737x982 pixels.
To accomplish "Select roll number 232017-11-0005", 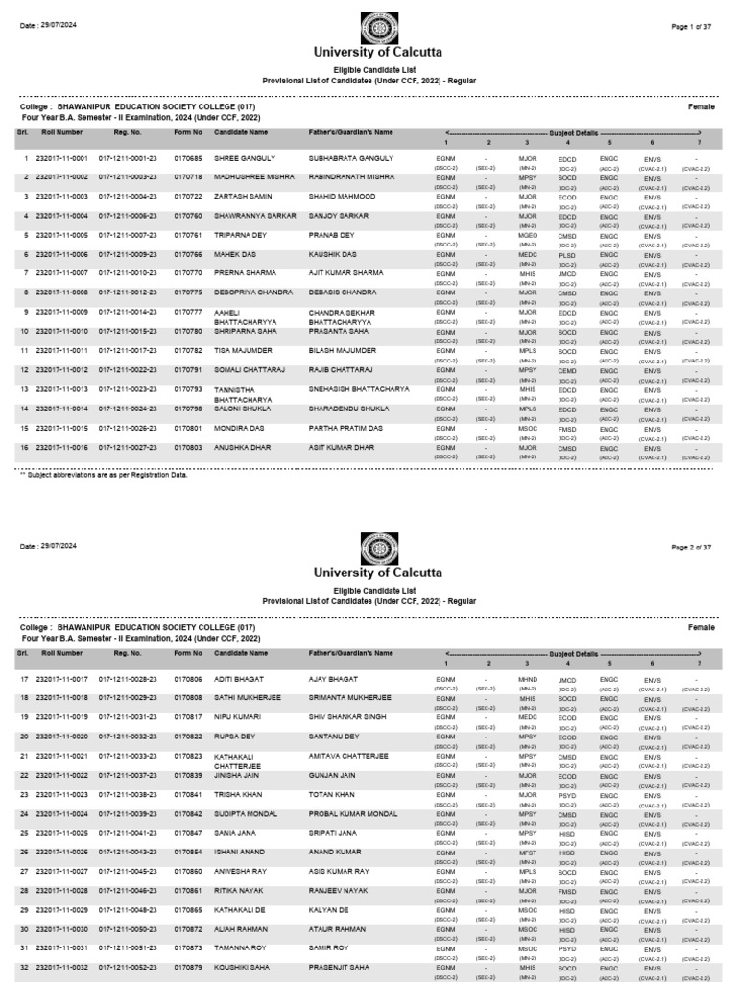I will tap(61, 235).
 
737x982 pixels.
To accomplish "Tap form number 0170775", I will tap(188, 292).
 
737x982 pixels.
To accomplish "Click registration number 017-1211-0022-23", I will tap(129, 370).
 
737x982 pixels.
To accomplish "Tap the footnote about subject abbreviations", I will tap(104, 474).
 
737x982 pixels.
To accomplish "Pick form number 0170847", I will tap(188, 833).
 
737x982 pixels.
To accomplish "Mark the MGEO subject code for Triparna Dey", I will tap(527, 235).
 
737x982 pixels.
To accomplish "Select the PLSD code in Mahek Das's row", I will tap(567, 254).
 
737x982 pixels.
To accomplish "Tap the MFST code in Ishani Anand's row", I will tap(527, 853).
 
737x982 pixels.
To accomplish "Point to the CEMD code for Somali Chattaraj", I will tap(567, 370).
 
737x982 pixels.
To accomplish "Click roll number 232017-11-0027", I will tap(61, 872).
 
